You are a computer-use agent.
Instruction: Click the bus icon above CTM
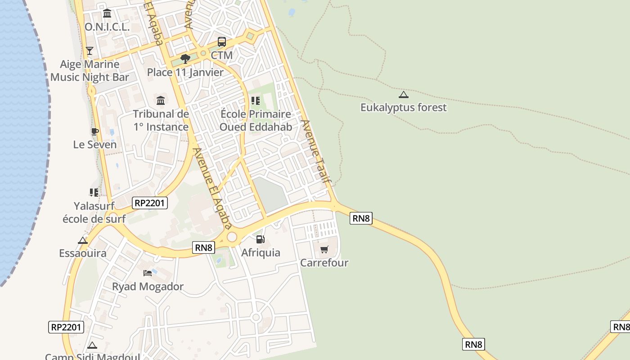(x=222, y=42)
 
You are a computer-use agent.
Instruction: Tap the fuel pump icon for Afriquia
(x=260, y=239)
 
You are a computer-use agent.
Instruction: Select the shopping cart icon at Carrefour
(x=324, y=249)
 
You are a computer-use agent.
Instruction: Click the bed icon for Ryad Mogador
(x=148, y=273)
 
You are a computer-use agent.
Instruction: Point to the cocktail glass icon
(x=90, y=50)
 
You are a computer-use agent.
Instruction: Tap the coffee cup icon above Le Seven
(x=94, y=131)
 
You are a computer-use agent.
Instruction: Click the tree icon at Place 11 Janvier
(x=185, y=58)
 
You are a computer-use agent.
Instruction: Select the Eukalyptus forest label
(x=404, y=108)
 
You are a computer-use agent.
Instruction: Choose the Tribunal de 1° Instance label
(x=161, y=121)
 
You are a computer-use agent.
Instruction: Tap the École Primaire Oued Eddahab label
(x=256, y=121)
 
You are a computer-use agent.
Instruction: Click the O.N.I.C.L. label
(x=107, y=27)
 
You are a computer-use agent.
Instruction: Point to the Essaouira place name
(x=83, y=253)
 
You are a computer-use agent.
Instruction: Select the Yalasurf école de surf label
(x=94, y=212)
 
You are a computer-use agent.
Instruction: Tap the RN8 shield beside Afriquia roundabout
(x=203, y=247)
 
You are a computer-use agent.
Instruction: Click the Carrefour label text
(x=324, y=263)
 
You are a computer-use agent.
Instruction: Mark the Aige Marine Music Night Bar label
(x=90, y=71)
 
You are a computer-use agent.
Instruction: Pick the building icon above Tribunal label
(x=161, y=100)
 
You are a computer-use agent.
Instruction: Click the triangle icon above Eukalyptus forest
(x=404, y=94)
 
